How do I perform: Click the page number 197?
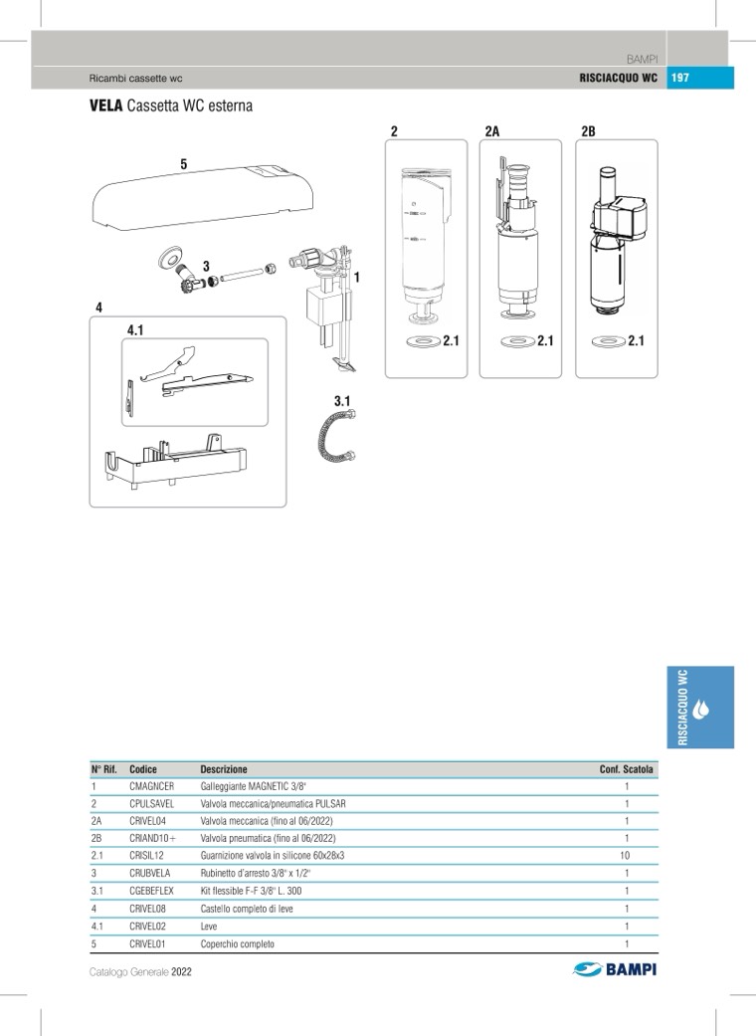coord(681,79)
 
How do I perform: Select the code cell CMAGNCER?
coord(151,786)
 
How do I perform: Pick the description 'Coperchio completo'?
coord(237,943)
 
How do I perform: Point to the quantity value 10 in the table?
coord(625,855)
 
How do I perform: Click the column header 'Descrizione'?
coord(224,769)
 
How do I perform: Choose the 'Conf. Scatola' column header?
coord(627,769)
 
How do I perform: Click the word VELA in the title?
coord(106,105)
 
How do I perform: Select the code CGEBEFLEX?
coord(151,891)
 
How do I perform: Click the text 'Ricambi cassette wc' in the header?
coord(135,79)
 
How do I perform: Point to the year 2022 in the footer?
coord(181,971)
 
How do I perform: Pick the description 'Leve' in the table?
coord(209,926)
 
